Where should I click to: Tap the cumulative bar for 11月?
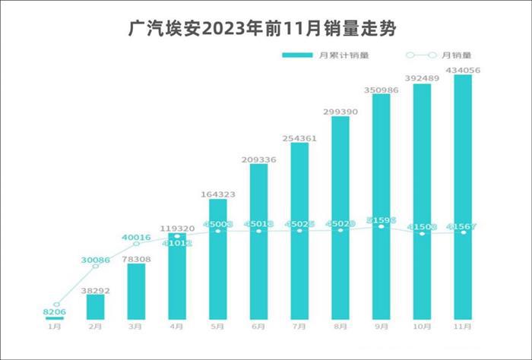point(463,197)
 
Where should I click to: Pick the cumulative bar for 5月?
point(218,258)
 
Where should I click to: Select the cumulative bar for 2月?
point(96,306)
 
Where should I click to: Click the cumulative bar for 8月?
point(340,217)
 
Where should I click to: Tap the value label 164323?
point(218,194)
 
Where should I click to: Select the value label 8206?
point(55,312)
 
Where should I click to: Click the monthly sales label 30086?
point(97,261)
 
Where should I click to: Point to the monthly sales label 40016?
point(136,237)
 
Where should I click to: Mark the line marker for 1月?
point(55,304)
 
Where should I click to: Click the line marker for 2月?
point(96,267)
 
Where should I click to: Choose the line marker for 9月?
point(382,226)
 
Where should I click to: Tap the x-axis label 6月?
point(259,327)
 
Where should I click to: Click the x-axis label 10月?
point(423,327)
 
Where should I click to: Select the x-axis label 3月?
point(137,327)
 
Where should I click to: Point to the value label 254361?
point(299,137)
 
